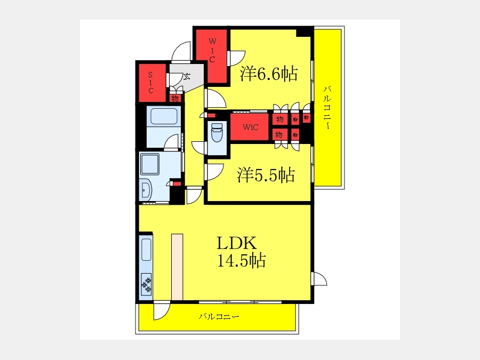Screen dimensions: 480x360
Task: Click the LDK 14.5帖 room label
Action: [241, 252]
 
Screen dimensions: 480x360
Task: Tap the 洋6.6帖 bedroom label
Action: [268, 74]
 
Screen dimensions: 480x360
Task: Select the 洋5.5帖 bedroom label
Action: [266, 175]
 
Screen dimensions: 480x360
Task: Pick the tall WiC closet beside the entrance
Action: [212, 56]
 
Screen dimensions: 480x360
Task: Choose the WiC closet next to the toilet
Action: [250, 127]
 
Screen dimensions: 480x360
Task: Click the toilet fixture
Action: [217, 132]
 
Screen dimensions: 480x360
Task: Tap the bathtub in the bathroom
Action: [164, 116]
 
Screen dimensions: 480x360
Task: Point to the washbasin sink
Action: [146, 191]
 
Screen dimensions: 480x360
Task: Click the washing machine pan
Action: [150, 164]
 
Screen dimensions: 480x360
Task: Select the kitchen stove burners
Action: [146, 284]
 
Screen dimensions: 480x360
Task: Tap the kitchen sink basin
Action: [146, 250]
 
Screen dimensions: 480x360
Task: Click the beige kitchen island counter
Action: [177, 267]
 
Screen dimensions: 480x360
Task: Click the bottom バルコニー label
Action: [219, 316]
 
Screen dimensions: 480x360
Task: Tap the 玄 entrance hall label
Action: [187, 76]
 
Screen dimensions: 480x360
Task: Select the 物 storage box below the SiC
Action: [175, 98]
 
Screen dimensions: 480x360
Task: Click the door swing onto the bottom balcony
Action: [161, 310]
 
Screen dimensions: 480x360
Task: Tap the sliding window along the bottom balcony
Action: [241, 302]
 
